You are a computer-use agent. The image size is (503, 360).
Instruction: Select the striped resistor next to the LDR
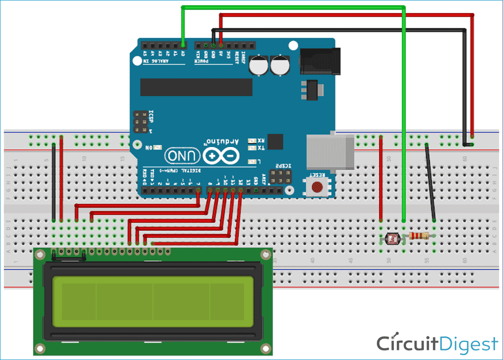pos(419,236)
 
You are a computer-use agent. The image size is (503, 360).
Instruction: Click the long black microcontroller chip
pos(196,87)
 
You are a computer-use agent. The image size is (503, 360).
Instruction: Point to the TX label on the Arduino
pos(261,148)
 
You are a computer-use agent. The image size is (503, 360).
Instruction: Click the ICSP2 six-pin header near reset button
pos(278,176)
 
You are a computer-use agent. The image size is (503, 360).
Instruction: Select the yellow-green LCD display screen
pos(151,302)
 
